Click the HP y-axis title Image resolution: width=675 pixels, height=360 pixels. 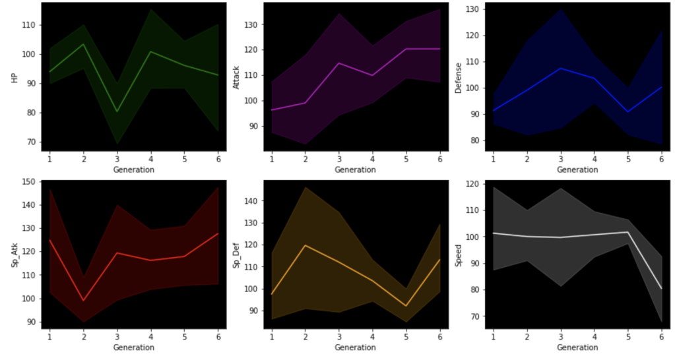point(14,77)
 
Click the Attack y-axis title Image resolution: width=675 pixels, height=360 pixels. point(236,77)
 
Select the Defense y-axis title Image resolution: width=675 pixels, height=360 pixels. point(458,77)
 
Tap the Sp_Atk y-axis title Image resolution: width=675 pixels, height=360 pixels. point(14,255)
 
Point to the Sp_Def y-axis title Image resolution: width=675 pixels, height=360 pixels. point(236,255)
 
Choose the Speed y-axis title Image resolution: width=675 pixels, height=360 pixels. point(458,255)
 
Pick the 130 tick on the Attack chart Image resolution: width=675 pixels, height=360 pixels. point(251,24)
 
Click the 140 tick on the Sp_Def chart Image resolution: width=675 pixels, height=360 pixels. point(251,200)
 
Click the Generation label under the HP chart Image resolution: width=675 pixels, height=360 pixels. point(134,170)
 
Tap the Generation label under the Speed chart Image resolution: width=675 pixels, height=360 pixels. point(577,347)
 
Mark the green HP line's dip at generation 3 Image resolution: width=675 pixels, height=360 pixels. point(117,111)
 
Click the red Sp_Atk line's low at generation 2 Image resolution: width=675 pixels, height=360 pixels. point(82,301)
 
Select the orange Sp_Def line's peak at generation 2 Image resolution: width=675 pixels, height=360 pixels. point(305,245)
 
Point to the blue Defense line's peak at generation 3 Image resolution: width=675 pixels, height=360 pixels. point(561,68)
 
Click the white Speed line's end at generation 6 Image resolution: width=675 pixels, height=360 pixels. point(662,288)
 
